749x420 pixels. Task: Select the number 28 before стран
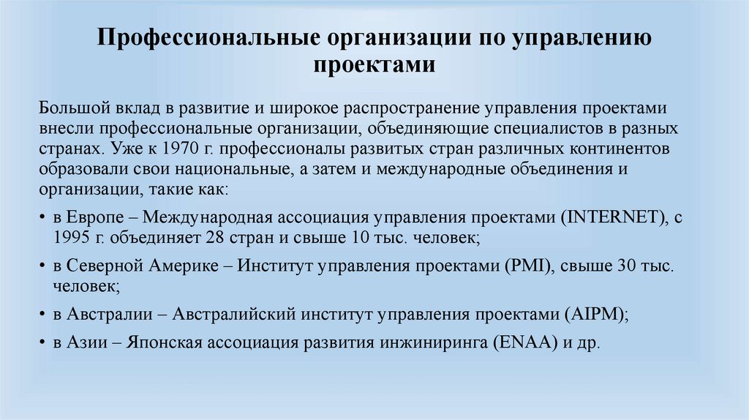[214, 239]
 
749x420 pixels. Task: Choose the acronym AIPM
[595, 315]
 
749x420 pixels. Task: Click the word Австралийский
[233, 315]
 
